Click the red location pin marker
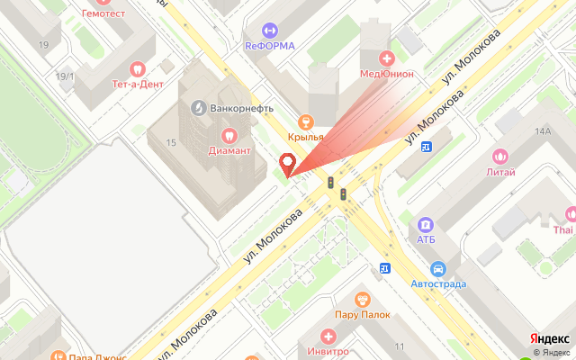(288, 165)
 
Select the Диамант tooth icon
(228, 136)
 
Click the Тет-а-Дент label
(138, 84)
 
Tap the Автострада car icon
(438, 268)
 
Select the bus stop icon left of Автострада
(385, 267)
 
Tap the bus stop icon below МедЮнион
(426, 146)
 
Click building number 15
(170, 142)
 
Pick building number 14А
(542, 131)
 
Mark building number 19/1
(65, 76)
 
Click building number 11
(399, 346)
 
